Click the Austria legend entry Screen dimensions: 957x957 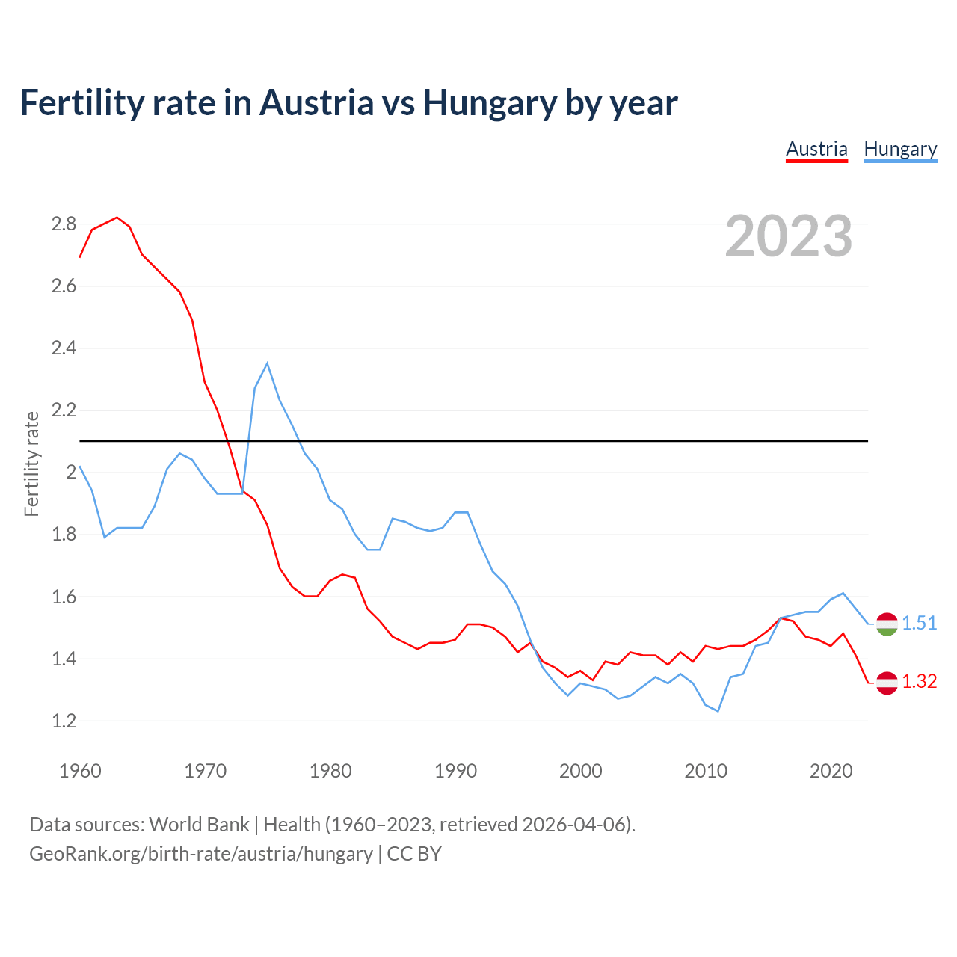pos(816,150)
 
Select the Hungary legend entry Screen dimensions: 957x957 pos(900,150)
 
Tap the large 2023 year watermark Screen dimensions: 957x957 pos(789,236)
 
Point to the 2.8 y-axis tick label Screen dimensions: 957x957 pos(64,224)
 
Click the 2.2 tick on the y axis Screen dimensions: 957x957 pos(64,410)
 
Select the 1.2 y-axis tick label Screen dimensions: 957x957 pos(64,721)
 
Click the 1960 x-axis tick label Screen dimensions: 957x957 pos(80,771)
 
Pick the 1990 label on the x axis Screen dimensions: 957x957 pos(455,771)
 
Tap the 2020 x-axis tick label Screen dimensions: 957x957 pos(831,771)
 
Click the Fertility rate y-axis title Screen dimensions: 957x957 pos(31,464)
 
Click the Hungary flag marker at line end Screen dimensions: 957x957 pos(887,624)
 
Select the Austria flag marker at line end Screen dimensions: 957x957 pos(887,682)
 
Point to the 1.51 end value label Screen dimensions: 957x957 pos(919,623)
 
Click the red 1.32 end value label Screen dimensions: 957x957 pos(919,681)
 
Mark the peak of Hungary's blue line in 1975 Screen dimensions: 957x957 pos(267,363)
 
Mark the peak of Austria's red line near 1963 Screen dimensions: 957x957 pos(117,218)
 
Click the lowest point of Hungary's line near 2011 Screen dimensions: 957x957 pos(718,711)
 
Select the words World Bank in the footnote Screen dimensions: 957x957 pos(199,824)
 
